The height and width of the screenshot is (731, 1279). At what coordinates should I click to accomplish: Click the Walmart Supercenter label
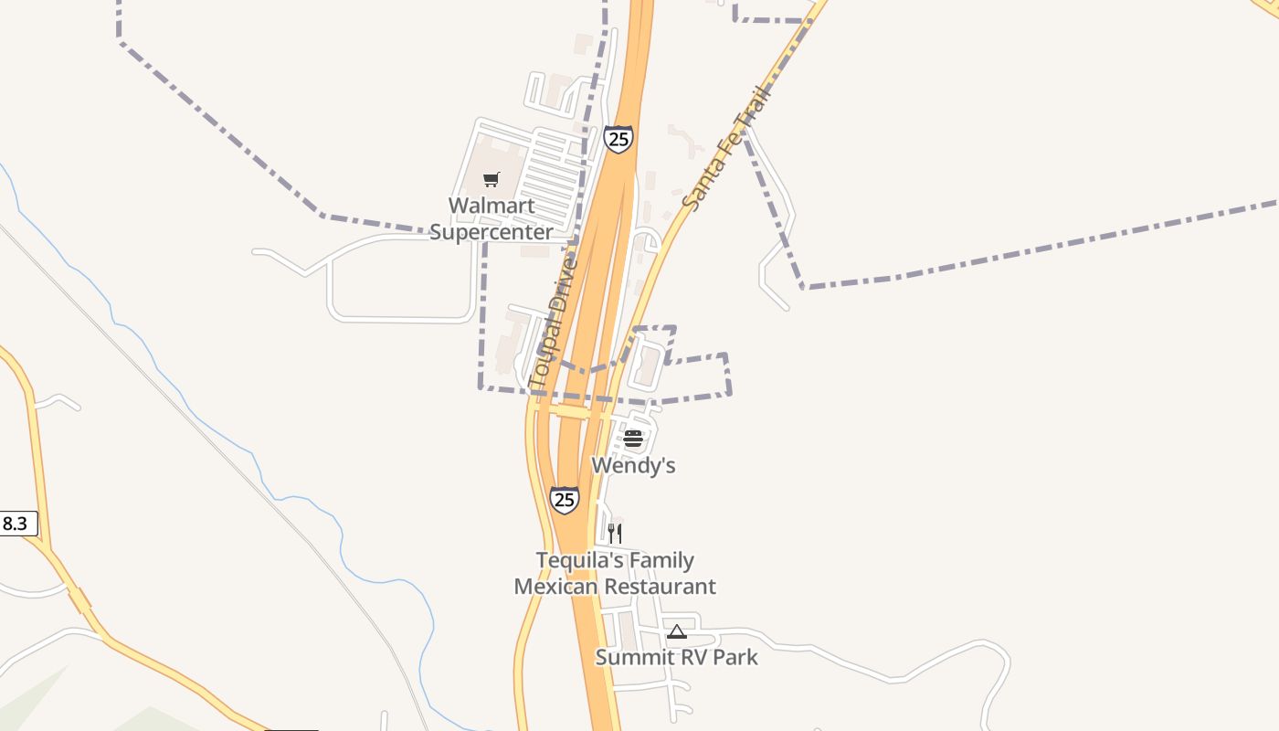tap(492, 218)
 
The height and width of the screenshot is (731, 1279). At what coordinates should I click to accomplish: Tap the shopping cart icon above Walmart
tap(492, 179)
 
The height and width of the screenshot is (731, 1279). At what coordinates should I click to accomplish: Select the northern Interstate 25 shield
tap(618, 139)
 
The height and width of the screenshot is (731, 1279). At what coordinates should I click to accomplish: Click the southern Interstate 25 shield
tap(565, 500)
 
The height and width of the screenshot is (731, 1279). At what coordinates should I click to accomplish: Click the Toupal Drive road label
tap(553, 322)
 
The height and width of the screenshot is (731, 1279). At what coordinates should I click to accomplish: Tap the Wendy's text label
tap(633, 465)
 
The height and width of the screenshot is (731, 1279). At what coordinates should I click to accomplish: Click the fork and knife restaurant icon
tap(615, 533)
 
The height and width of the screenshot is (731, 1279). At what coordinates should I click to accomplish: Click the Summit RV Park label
tap(676, 657)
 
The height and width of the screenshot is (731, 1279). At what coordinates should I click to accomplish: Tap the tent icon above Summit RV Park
tap(676, 631)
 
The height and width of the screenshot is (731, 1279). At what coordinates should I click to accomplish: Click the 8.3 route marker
tap(16, 524)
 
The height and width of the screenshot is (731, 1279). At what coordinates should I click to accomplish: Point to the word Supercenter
tap(492, 232)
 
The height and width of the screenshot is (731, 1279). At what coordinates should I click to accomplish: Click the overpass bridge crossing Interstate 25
tap(576, 412)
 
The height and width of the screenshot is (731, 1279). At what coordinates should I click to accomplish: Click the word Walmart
tap(492, 206)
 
